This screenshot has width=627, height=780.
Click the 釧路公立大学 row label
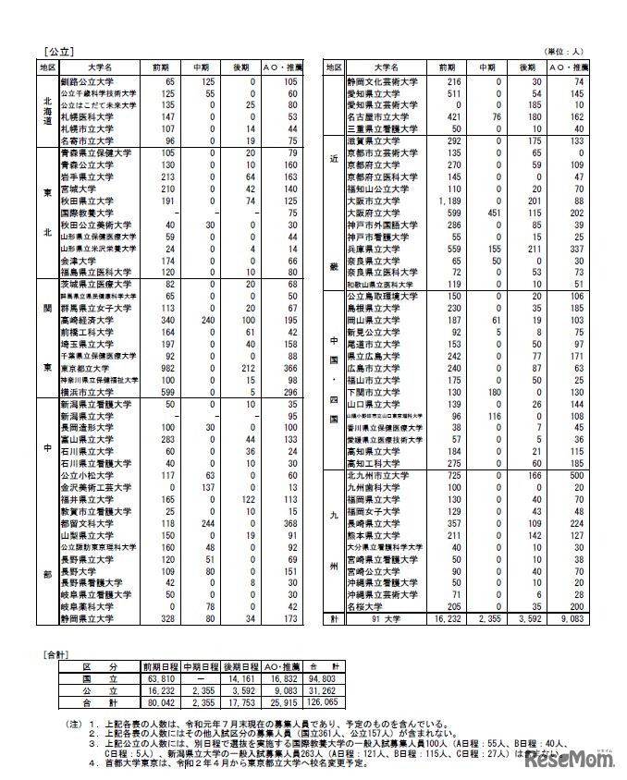coord(84,82)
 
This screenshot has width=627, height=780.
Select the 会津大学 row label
coord(74,262)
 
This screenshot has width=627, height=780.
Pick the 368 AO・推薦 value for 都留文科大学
coord(283,523)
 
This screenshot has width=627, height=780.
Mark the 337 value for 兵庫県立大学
coord(581,250)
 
